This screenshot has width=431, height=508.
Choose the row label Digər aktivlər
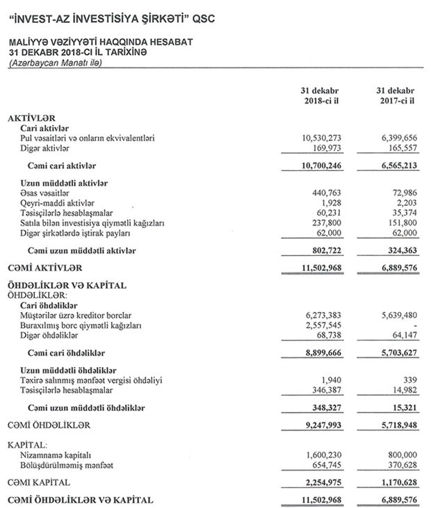[45, 149]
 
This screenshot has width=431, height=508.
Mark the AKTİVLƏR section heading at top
[31, 120]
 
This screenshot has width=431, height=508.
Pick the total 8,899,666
[320, 353]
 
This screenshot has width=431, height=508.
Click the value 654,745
[323, 464]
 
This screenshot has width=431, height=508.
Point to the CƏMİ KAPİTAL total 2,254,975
[320, 482]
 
